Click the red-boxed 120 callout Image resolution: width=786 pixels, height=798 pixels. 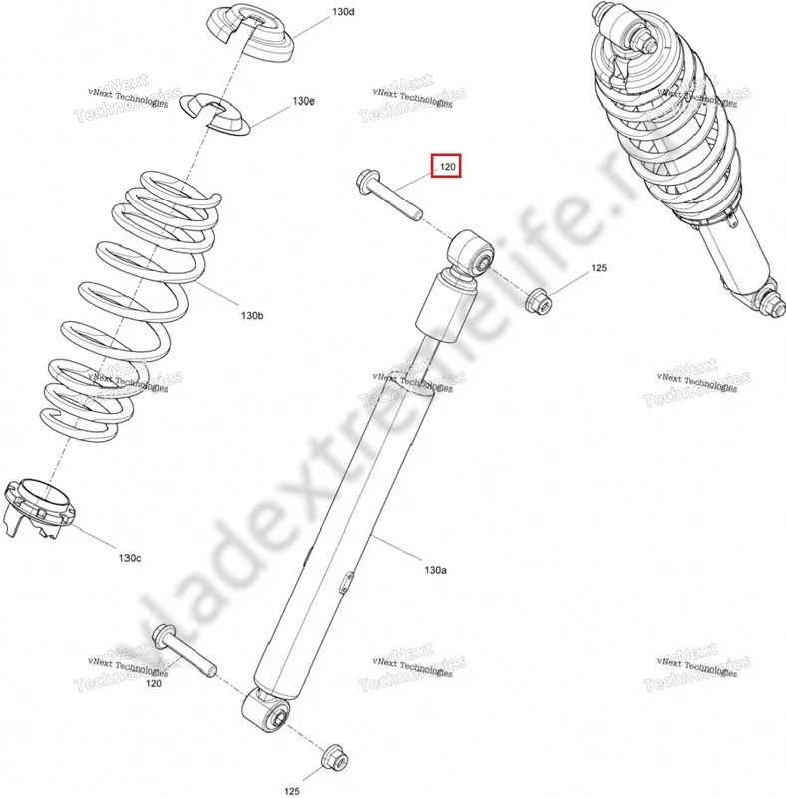point(446,167)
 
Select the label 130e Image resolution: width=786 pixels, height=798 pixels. point(303,102)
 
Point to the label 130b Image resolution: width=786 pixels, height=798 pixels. point(251,315)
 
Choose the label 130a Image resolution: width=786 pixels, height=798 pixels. point(435,570)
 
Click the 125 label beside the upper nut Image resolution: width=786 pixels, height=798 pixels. point(599,269)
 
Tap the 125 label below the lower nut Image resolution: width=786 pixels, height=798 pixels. point(291,791)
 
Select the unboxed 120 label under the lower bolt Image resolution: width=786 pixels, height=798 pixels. point(154,684)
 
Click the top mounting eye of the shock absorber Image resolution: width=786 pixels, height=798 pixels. point(472,253)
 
